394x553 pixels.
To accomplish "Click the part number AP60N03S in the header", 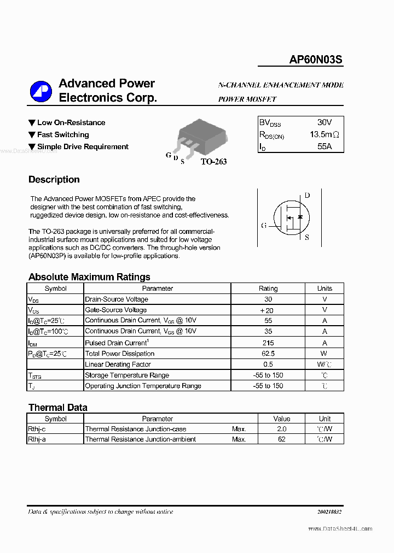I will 316,60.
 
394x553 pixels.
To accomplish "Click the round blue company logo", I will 40,91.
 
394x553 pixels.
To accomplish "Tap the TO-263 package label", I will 213,161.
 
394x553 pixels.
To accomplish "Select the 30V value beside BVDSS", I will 324,122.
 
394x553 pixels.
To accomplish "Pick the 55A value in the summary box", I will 324,146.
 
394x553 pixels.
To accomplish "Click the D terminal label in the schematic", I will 307,195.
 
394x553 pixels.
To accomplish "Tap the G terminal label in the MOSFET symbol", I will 264,225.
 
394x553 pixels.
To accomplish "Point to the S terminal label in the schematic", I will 306,237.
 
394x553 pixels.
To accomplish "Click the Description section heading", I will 54,180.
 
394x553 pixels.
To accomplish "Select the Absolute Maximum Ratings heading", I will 89,277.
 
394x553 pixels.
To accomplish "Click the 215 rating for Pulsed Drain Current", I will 268,343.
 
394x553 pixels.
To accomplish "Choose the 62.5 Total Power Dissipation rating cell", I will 268,354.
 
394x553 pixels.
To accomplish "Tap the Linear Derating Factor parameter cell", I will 118,364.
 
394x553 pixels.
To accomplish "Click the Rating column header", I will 268,289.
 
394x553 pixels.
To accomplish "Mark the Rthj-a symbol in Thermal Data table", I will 37,439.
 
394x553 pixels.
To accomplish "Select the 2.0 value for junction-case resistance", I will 282,429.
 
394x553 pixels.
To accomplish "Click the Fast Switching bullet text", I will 63,134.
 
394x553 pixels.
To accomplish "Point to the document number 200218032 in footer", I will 329,512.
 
